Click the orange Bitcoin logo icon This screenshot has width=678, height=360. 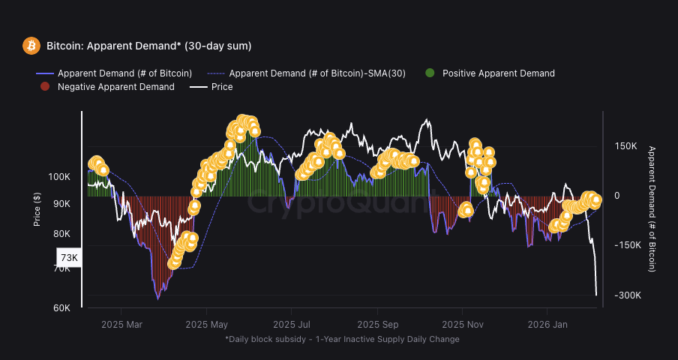[31, 46]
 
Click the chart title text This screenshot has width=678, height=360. [148, 46]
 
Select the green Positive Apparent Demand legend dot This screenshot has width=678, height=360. [430, 73]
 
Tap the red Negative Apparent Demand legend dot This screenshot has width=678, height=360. [44, 87]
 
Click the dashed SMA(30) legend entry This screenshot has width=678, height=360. [307, 73]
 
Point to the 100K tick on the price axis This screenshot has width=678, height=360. [59, 177]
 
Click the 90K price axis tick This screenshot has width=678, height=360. [61, 204]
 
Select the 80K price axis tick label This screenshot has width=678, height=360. [61, 233]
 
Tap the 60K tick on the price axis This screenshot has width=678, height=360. [61, 308]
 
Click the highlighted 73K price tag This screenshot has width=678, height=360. [69, 258]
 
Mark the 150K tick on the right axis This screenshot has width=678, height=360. [625, 146]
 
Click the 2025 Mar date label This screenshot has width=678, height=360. [121, 325]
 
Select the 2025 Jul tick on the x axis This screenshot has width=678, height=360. [292, 325]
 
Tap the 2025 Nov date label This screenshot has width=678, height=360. [463, 325]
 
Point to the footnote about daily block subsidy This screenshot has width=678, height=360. [342, 339]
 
